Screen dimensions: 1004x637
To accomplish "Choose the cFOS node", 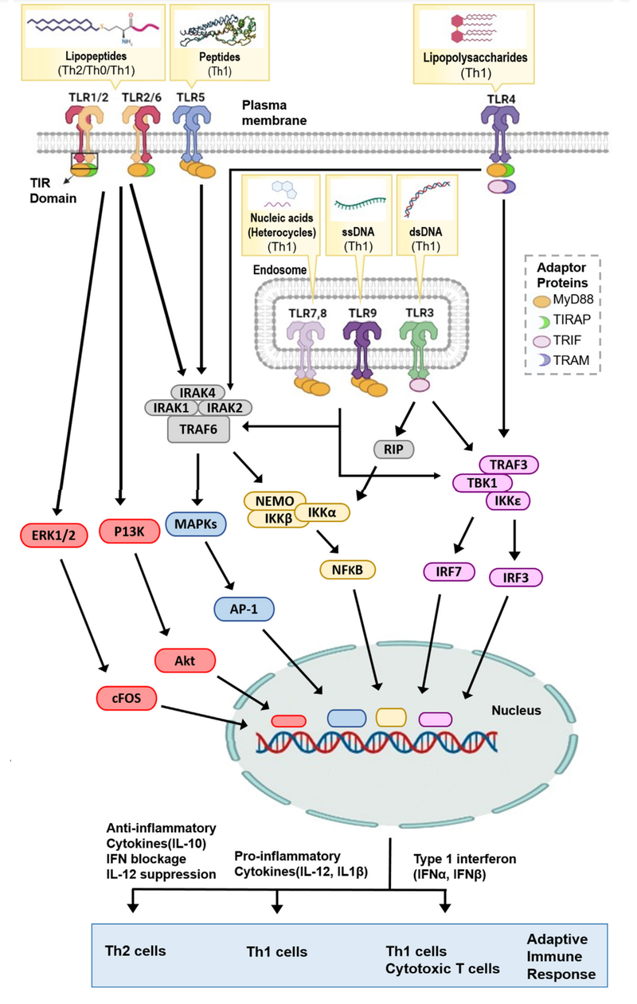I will [125, 699].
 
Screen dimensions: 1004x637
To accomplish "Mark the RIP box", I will [393, 450].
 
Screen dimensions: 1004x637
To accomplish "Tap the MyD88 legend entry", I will [567, 302].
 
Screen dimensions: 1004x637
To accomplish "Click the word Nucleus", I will [516, 709].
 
